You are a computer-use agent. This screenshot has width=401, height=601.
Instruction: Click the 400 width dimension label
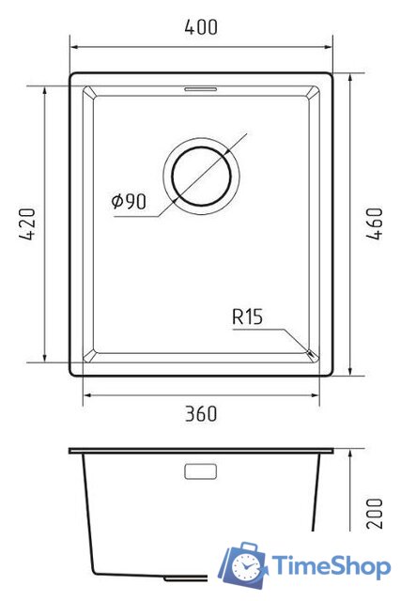tap(201, 27)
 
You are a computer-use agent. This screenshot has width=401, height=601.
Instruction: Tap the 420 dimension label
tap(27, 223)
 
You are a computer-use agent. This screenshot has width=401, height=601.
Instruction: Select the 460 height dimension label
tap(374, 223)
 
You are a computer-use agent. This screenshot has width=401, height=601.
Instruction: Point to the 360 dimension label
tap(201, 414)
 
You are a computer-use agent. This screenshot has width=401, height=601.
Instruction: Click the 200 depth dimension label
tap(374, 514)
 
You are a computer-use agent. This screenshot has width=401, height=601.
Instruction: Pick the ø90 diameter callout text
tap(129, 201)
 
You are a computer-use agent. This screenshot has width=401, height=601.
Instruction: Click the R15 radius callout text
tap(248, 317)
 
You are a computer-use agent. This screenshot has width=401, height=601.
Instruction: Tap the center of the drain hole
tap(201, 176)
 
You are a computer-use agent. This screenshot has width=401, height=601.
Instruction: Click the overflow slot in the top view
tap(201, 89)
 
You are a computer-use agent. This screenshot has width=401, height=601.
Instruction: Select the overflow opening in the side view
tap(201, 471)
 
